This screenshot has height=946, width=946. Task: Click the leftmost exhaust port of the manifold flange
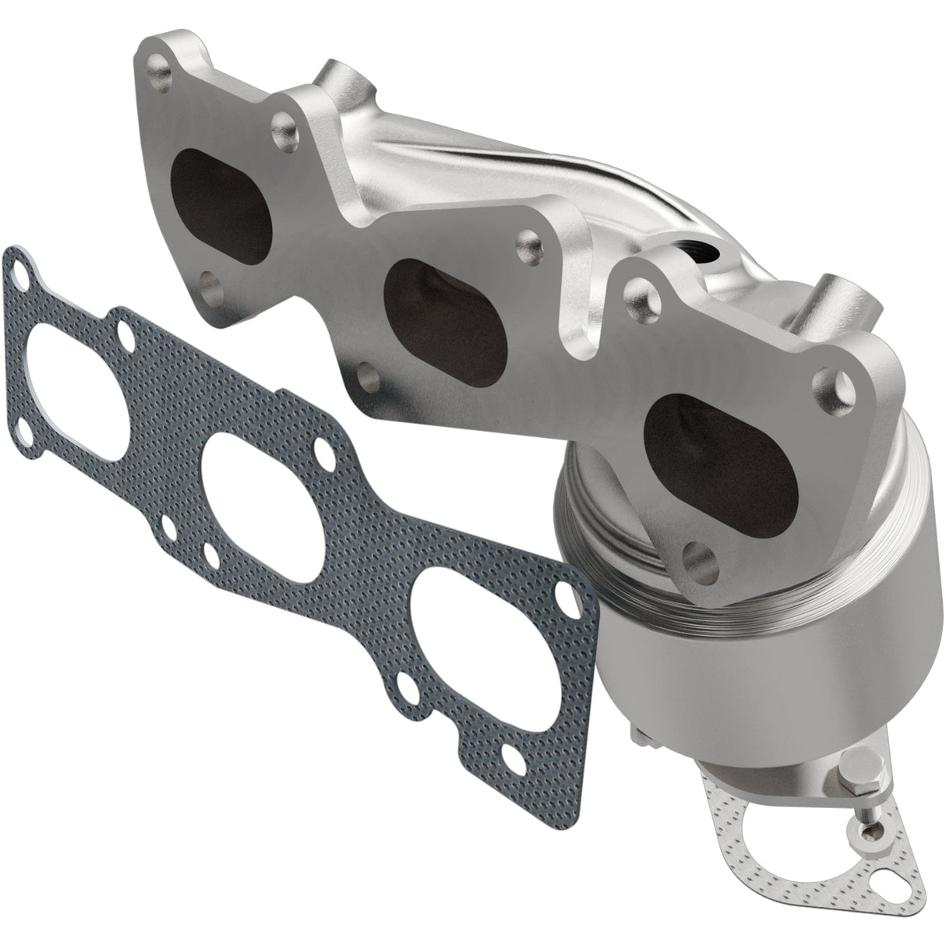tap(221, 182)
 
